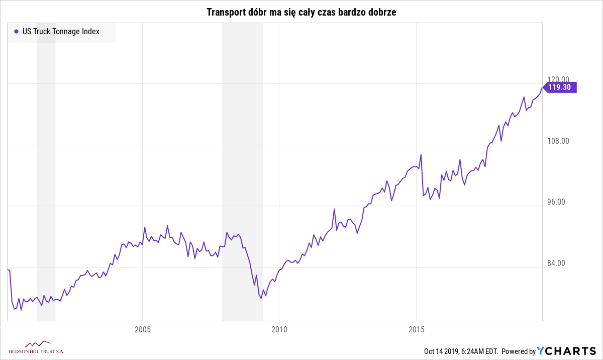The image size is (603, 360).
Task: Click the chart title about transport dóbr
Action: [301, 12]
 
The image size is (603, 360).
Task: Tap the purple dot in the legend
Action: [16, 31]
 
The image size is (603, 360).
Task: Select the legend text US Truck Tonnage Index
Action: [61, 31]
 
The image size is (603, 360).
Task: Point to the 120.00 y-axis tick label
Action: [558, 79]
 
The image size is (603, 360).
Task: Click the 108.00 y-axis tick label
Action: [558, 141]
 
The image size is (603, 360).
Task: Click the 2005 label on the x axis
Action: [143, 330]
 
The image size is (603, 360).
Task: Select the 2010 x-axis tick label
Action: [279, 330]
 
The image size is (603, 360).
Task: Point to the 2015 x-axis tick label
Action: [416, 330]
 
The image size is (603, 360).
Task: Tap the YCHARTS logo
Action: [567, 351]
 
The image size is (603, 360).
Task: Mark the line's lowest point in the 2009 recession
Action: [261, 299]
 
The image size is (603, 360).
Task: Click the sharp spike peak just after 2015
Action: [421, 154]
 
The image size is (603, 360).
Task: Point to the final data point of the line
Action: [542, 87]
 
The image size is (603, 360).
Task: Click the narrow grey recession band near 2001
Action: [46, 171]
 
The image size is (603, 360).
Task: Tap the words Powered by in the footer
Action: [519, 351]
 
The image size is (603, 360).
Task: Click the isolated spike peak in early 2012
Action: [334, 209]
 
